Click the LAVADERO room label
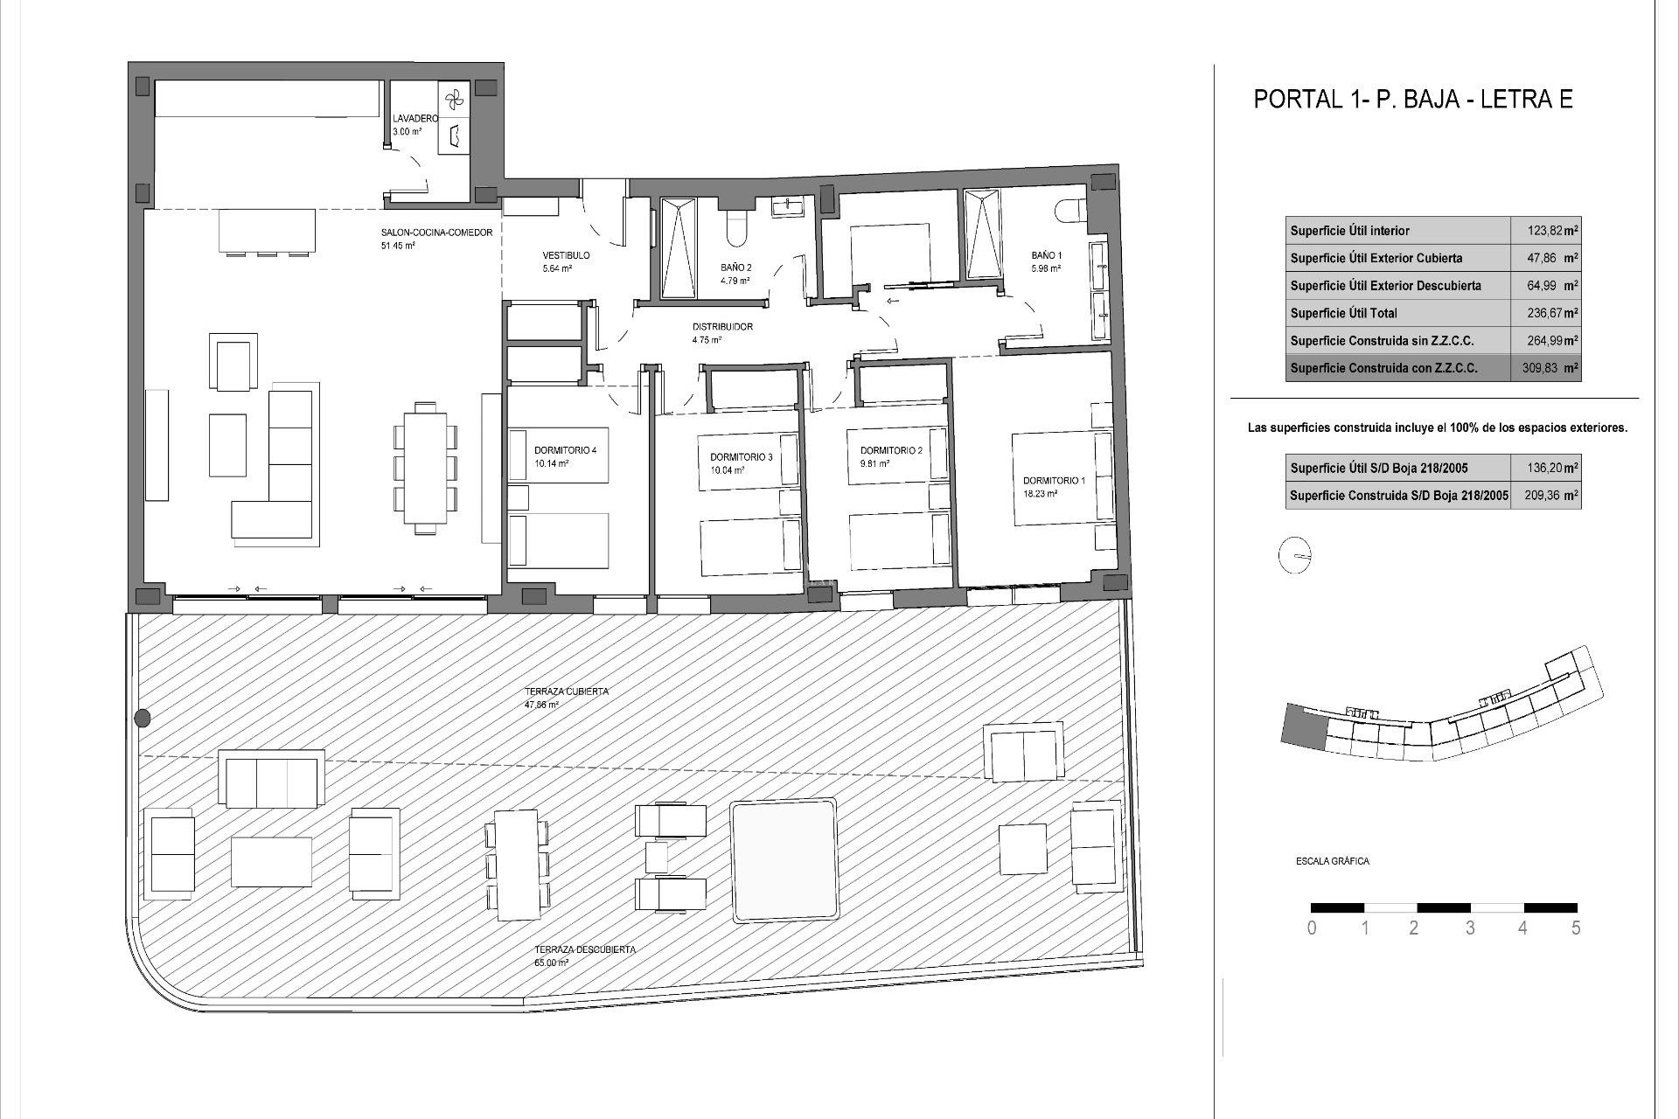[415, 118]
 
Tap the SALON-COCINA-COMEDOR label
[436, 233]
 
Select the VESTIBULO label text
[566, 255]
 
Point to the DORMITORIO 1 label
[1054, 481]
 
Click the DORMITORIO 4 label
[565, 451]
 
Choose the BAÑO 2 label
[735, 268]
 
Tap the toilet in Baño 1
[1069, 211]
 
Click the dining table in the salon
[426, 467]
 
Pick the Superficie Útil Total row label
[1343, 313]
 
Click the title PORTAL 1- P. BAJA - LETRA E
[1413, 100]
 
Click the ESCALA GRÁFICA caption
[1332, 861]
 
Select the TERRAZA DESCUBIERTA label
[585, 949]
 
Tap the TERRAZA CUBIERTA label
[566, 692]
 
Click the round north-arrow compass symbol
[1294, 556]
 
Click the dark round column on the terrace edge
[143, 719]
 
